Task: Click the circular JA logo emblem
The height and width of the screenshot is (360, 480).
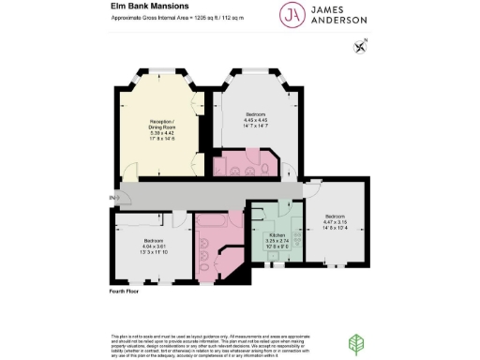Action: (291, 14)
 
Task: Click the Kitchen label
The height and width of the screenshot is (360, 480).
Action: (277, 235)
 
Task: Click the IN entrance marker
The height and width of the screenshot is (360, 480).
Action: (112, 198)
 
